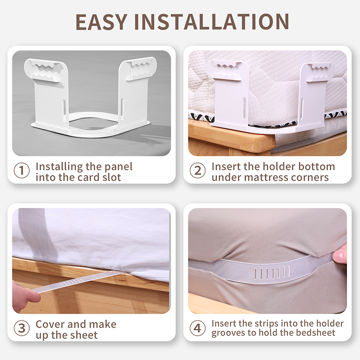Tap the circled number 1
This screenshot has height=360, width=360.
coord(22,171)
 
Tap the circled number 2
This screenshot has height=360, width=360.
coord(198,171)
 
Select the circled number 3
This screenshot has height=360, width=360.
coord(22,328)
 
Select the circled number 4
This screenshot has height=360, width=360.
coord(198,328)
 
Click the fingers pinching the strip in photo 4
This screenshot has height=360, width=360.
coord(340,254)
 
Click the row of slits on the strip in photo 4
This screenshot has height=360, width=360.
coord(272,273)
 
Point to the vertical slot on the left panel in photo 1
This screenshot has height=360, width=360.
coord(64,108)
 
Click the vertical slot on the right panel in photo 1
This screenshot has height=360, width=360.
coord(122,107)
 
